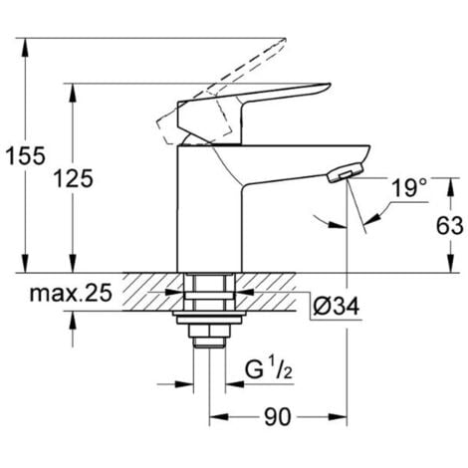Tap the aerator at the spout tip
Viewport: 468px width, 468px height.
click(339, 175)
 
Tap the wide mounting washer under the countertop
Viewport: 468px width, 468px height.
click(208, 322)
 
